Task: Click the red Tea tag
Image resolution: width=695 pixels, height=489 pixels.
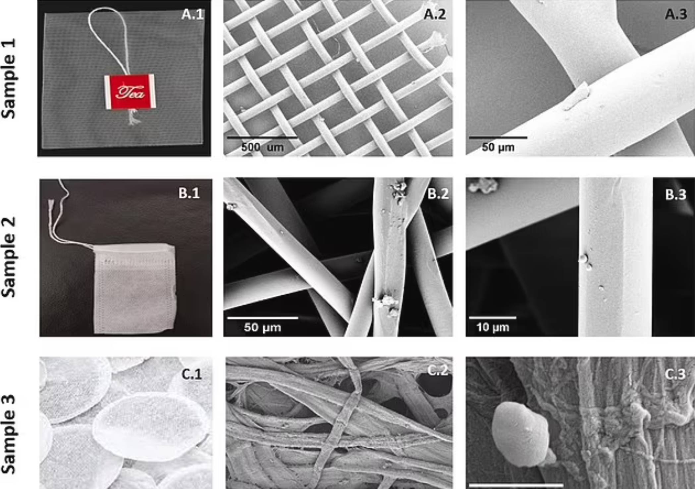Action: [x=130, y=91]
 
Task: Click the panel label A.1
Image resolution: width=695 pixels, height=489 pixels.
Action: [x=192, y=15]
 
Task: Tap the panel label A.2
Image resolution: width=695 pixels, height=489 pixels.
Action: [x=435, y=14]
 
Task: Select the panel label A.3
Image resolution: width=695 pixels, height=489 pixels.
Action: [x=676, y=14]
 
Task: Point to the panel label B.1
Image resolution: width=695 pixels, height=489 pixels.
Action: [x=189, y=193]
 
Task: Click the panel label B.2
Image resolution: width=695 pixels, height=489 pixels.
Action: [x=438, y=194]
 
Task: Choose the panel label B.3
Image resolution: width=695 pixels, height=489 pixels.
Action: [x=676, y=195]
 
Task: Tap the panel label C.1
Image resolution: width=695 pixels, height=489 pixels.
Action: [x=191, y=374]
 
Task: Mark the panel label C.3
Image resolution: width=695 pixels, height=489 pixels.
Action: [x=675, y=374]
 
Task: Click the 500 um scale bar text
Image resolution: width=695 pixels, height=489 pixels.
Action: [x=262, y=147]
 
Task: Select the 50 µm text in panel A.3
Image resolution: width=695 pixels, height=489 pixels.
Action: [x=498, y=147]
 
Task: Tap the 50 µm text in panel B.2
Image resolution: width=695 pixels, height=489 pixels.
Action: [x=262, y=327]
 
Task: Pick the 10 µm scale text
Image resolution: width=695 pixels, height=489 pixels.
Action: [x=493, y=327]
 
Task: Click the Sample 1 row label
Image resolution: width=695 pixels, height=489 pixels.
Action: [x=9, y=78]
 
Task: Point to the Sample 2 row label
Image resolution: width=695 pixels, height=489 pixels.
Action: [x=9, y=257]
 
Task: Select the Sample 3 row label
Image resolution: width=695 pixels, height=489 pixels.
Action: [x=9, y=435]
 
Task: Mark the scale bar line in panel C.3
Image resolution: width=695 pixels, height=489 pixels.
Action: [x=516, y=485]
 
